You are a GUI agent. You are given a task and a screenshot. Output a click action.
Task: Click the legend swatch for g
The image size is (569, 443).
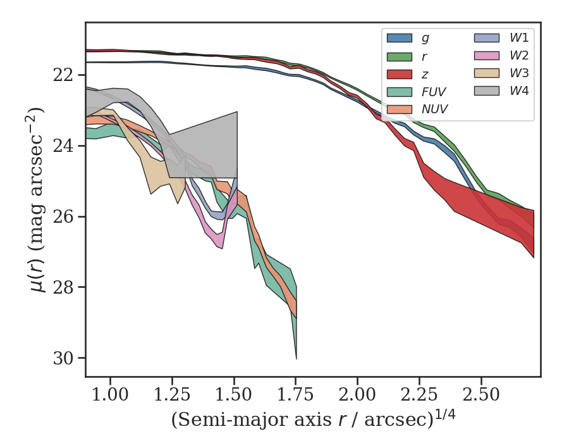pos(400,38)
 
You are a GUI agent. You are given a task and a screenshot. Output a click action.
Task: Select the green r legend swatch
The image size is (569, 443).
pos(400,56)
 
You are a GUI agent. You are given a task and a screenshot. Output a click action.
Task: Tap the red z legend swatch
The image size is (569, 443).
pos(400,73)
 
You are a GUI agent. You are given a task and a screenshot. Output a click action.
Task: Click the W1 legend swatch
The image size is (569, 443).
pos(487,38)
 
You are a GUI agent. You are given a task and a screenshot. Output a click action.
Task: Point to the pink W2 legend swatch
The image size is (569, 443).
pos(487,56)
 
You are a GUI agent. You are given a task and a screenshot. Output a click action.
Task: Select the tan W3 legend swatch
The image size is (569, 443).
pos(487,73)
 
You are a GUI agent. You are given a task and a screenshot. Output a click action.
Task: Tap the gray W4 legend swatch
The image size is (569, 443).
pos(487,91)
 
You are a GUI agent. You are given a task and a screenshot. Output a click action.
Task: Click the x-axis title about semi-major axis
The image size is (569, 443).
pos(312,420)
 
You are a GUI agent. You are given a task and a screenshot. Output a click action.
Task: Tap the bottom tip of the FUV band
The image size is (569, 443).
pos(296,358)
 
